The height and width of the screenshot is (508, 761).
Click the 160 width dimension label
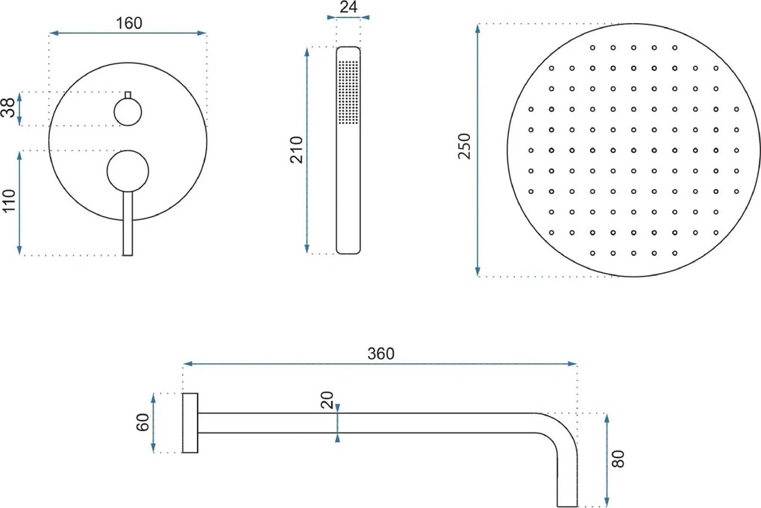point(128,23)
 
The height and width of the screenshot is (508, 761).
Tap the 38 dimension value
point(8,108)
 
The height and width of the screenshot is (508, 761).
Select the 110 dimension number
point(9,201)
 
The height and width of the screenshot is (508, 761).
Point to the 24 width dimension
point(348,7)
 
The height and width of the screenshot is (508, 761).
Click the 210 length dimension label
point(296,150)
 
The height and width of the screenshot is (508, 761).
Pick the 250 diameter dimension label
point(465,146)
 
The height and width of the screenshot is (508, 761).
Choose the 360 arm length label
point(380,354)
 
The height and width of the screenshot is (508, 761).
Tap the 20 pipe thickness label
point(328,401)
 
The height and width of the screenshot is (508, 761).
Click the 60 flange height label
point(143,423)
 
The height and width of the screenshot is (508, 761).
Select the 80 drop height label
point(618,459)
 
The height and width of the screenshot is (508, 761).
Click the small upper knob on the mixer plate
point(128,112)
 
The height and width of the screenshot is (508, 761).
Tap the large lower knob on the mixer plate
point(128,170)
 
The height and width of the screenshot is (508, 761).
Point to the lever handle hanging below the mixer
point(128,223)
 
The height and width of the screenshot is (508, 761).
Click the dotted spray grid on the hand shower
point(348,92)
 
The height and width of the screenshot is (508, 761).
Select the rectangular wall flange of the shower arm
point(190,423)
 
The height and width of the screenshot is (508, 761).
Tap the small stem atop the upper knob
point(128,95)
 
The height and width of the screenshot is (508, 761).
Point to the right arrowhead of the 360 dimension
point(573,364)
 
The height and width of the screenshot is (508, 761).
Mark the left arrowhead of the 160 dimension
point(54,33)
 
